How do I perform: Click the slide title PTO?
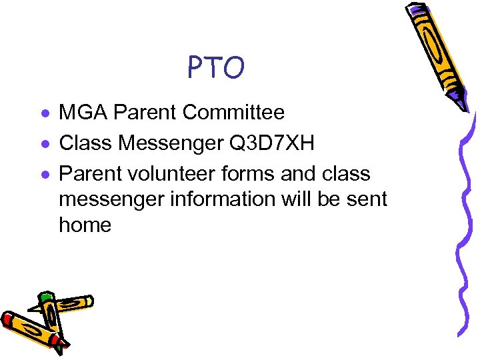[x=216, y=67]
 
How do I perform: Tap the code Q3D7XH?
[x=275, y=143]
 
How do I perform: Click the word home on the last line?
[x=85, y=225]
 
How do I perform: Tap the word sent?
[x=365, y=199]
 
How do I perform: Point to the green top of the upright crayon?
[x=45, y=297]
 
